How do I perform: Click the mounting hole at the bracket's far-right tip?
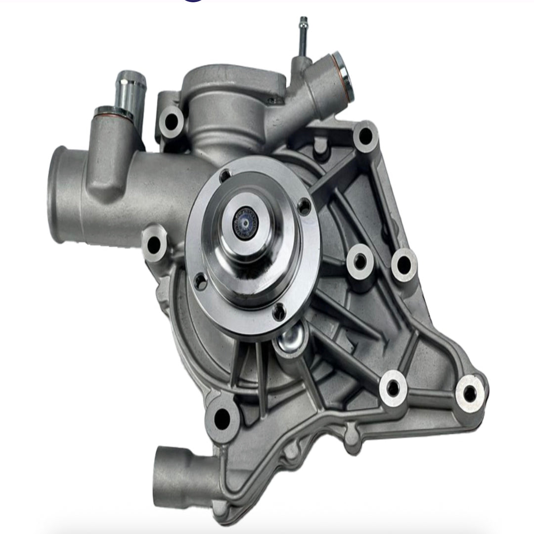469,393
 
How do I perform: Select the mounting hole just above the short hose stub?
221,418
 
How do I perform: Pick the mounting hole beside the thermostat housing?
171,120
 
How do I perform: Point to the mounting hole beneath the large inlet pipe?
154,243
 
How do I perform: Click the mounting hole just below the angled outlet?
365,135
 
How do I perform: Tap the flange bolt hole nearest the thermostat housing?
225,176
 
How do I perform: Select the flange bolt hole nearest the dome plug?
279,312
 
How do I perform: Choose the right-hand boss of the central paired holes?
403,265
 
